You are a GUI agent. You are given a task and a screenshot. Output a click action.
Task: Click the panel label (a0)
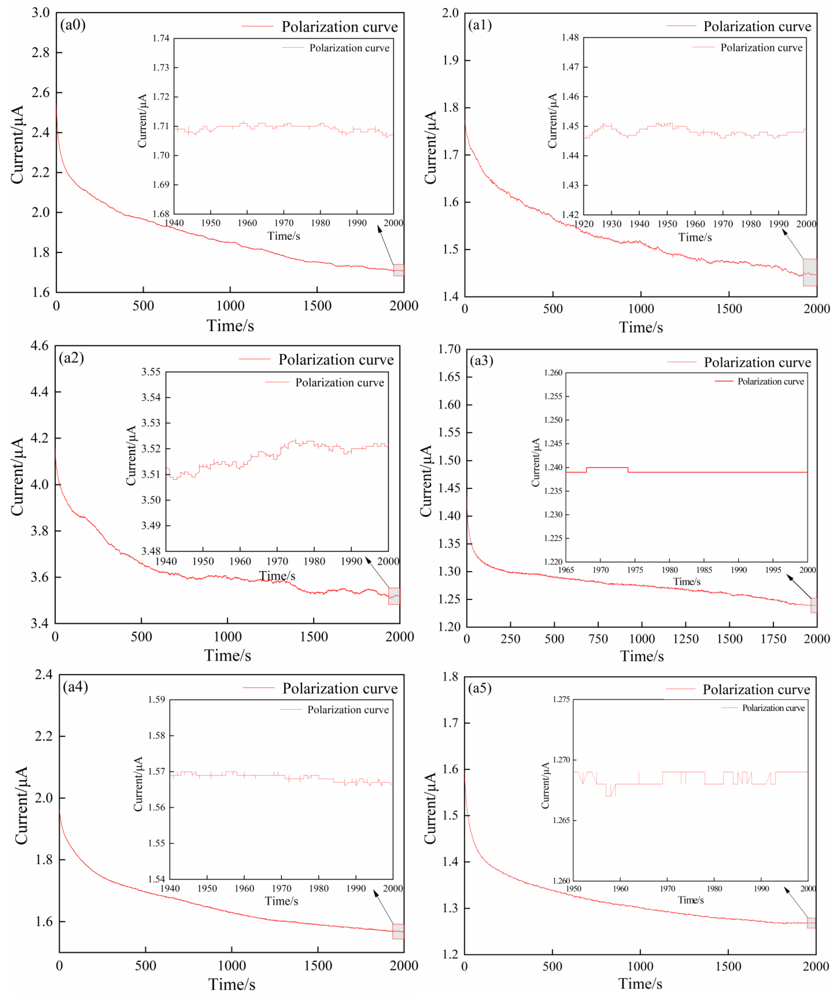pyautogui.click(x=73, y=25)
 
